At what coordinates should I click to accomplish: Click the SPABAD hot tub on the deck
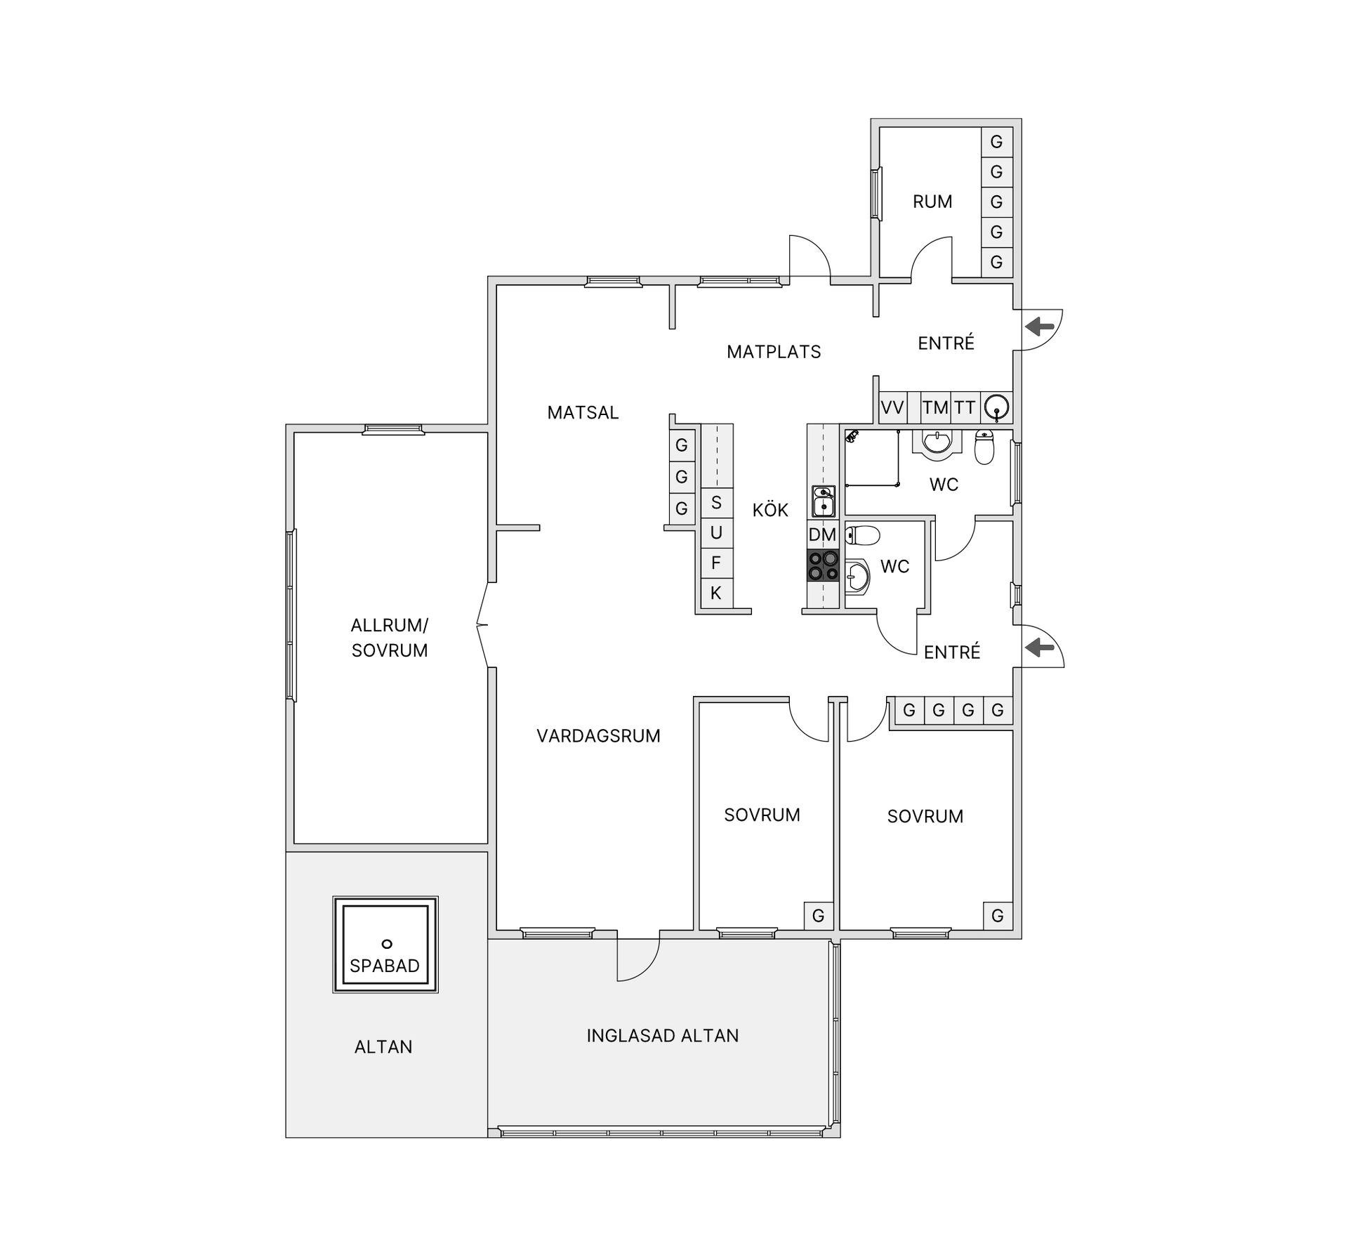385,944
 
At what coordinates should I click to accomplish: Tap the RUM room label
932,202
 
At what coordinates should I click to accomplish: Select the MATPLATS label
774,352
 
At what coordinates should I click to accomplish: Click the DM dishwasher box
823,534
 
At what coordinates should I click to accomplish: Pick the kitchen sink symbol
823,501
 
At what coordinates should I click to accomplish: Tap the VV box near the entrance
892,408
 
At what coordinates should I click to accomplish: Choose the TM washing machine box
935,408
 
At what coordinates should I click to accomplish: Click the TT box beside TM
965,408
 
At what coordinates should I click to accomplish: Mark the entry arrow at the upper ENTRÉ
1040,327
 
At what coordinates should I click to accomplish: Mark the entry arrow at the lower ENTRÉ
1040,648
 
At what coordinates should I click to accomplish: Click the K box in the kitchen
716,593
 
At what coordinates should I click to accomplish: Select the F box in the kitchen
716,563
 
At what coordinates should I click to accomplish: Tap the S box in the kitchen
716,503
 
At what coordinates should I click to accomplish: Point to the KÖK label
770,511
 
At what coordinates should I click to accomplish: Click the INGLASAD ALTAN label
663,1036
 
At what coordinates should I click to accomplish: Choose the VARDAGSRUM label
598,736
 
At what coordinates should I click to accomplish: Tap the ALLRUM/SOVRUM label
390,638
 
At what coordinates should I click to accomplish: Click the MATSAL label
583,413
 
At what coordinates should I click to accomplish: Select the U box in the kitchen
716,533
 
